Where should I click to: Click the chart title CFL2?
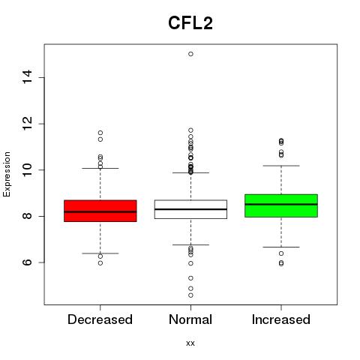[x=190, y=23]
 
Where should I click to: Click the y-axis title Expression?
[x=7, y=174]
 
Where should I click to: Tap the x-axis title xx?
[x=190, y=343]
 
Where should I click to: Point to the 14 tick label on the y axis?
[x=27, y=76]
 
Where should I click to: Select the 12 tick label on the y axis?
[x=27, y=123]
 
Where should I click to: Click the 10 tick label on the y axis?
[x=27, y=169]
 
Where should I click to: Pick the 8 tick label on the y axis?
[x=27, y=216]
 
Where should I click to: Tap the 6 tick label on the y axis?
[x=27, y=262]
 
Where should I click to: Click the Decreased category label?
[x=100, y=319]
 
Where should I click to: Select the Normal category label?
[x=190, y=319]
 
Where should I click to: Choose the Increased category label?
[x=281, y=319]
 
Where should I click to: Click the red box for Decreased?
[x=100, y=211]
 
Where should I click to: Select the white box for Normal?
[x=190, y=209]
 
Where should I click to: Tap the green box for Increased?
[x=281, y=205]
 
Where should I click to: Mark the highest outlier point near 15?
[x=190, y=54]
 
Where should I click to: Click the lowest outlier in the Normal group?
[x=190, y=295]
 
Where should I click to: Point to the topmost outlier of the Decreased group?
[x=100, y=133]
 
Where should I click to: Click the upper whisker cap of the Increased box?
[x=281, y=166]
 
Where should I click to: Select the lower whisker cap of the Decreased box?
[x=100, y=253]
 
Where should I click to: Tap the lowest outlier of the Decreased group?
[x=100, y=263]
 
